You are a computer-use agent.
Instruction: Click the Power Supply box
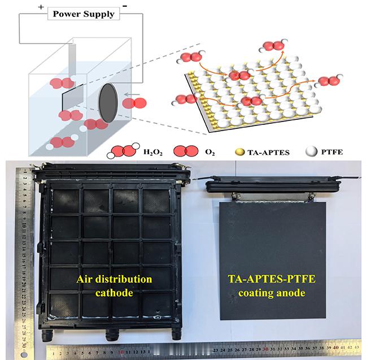84,14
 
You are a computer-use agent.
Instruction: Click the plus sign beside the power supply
41,7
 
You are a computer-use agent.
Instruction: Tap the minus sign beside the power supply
125,6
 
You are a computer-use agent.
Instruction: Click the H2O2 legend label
153,152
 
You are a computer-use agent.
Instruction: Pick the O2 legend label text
210,152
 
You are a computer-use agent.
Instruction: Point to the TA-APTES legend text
268,153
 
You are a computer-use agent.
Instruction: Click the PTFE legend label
332,152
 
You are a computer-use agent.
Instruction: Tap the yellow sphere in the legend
239,152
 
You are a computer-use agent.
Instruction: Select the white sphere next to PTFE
312,151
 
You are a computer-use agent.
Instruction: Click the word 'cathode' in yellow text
114,293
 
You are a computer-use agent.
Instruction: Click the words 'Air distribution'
114,279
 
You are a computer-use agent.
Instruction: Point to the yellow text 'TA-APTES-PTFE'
272,279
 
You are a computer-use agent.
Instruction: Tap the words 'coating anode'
272,293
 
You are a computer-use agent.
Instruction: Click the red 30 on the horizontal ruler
265,349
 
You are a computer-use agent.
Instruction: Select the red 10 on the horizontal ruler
121,352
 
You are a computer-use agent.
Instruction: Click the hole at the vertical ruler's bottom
24,354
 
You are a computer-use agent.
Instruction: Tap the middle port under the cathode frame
112,335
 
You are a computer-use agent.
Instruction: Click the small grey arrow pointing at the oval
132,94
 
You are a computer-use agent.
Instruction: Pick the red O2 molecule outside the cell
134,103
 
